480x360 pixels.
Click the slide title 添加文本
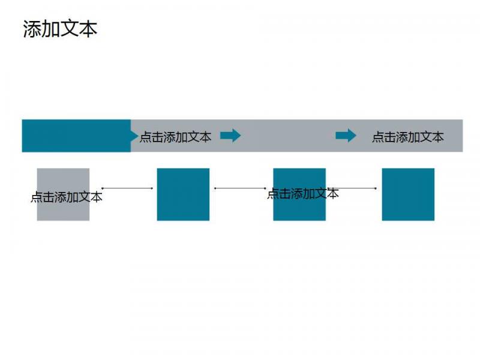tap(60, 29)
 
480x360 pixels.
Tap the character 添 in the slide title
tap(32, 29)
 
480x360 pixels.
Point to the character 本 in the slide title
tap(88, 29)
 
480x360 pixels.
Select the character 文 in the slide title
tap(70, 29)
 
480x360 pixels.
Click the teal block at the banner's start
tap(77, 136)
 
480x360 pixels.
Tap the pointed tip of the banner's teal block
tap(138, 136)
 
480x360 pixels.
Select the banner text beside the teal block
tap(175, 137)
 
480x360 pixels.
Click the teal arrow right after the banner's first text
tap(230, 136)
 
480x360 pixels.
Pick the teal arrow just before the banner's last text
tap(346, 136)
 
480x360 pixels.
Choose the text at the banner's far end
tap(408, 137)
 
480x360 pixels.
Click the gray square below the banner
tap(63, 194)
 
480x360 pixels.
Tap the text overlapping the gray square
tap(67, 197)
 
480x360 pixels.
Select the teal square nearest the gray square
tap(183, 194)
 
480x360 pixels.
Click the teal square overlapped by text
tap(299, 194)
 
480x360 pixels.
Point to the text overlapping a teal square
tap(303, 193)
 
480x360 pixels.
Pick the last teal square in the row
tap(408, 194)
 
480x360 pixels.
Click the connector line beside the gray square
tap(127, 188)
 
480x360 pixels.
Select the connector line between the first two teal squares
tap(240, 188)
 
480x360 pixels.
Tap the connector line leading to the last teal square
tap(352, 188)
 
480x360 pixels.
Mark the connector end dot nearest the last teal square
tap(376, 188)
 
